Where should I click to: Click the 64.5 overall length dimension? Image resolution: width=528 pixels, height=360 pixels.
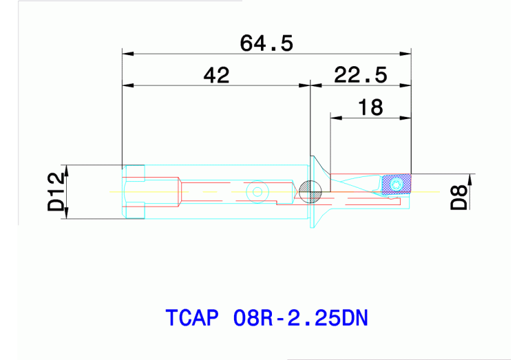coord(266,43)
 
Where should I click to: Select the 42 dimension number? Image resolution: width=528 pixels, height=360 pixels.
coord(216,75)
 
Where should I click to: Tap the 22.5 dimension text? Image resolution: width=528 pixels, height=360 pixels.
coord(360,74)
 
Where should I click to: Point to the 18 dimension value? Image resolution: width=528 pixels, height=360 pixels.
coord(370,107)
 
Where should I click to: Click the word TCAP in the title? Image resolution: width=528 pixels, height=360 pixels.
coord(192,318)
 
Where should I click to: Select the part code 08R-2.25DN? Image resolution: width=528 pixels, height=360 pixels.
coord(301,318)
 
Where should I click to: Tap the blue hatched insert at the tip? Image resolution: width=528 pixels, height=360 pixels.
coord(396,184)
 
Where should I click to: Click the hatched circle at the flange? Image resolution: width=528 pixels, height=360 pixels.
coord(310,191)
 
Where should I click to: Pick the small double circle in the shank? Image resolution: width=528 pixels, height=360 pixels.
coord(258,191)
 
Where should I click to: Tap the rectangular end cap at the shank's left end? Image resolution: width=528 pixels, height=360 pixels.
coord(134,192)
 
